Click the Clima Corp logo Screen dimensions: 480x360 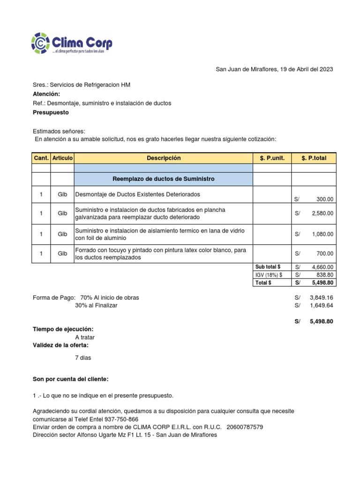point(72,43)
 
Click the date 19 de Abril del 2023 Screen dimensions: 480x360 point(306,69)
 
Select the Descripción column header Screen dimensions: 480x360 point(163,158)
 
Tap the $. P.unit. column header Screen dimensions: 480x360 point(272,158)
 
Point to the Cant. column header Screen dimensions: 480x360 point(41,158)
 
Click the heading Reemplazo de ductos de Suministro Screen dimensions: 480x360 point(163,179)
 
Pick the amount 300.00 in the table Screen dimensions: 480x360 point(325,199)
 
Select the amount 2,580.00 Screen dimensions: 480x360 point(322,214)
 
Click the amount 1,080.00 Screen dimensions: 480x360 point(322,234)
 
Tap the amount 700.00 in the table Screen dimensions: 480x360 point(325,254)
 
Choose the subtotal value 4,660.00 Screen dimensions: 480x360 point(322,267)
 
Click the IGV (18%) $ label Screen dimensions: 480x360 point(269,275)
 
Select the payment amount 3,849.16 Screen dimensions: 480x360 point(321,298)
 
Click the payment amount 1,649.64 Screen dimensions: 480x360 point(321,306)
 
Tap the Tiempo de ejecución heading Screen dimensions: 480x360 point(63,330)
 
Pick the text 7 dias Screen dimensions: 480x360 point(83,358)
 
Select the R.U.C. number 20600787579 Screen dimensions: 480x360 point(244,427)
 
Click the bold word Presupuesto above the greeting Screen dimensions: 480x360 point(51,112)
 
